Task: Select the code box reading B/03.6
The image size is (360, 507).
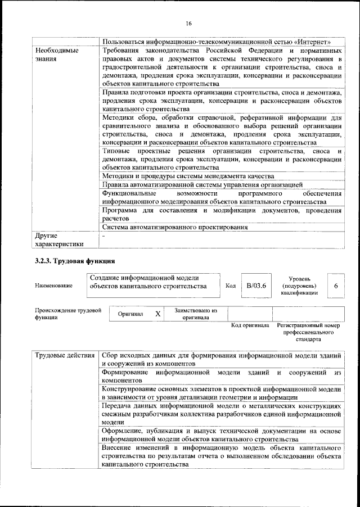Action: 256,286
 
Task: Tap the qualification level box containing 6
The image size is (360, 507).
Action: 336,286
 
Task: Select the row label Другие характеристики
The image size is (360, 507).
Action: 58,239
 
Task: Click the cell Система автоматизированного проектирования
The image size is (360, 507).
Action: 175,228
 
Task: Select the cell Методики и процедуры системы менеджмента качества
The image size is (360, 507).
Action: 188,175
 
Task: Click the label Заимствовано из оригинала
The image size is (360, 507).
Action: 195,313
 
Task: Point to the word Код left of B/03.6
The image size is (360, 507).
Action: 230,286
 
